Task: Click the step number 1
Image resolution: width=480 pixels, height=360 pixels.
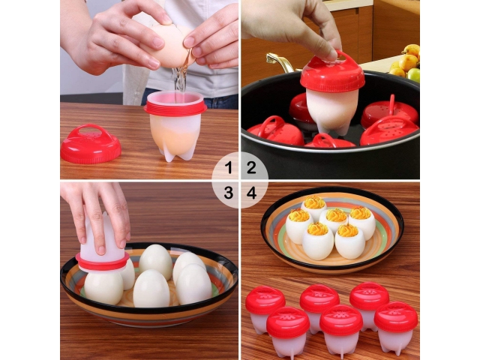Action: (x=228, y=168)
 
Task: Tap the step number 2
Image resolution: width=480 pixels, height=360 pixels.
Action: (x=251, y=168)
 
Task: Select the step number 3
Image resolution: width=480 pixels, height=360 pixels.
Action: (x=229, y=193)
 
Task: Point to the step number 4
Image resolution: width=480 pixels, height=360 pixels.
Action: (x=252, y=193)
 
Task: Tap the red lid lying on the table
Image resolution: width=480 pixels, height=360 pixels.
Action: (x=91, y=144)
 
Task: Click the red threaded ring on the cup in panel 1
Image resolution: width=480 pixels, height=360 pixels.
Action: (x=175, y=108)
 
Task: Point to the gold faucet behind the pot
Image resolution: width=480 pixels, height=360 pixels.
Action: (x=280, y=61)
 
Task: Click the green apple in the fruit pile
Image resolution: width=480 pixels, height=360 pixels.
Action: (x=414, y=75)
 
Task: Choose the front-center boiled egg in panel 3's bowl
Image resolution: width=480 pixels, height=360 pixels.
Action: (x=151, y=289)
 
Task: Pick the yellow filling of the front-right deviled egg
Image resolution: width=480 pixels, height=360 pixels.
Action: (x=348, y=230)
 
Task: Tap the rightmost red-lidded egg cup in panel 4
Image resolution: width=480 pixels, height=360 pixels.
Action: (x=396, y=328)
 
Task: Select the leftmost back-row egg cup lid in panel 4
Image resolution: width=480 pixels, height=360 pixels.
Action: (x=265, y=300)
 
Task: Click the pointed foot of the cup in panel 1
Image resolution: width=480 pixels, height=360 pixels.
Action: (x=169, y=156)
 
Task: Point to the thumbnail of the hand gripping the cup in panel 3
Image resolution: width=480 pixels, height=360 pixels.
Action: (x=101, y=249)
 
